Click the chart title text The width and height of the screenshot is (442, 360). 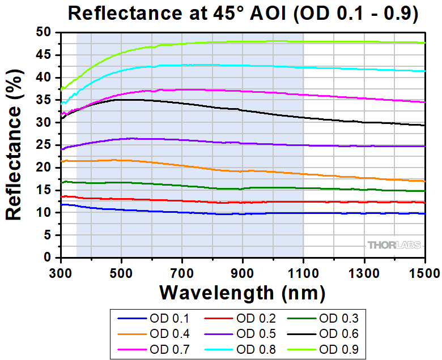(x=243, y=14)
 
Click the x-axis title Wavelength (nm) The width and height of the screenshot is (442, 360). (x=242, y=293)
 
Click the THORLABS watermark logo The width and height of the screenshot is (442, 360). (x=394, y=245)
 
